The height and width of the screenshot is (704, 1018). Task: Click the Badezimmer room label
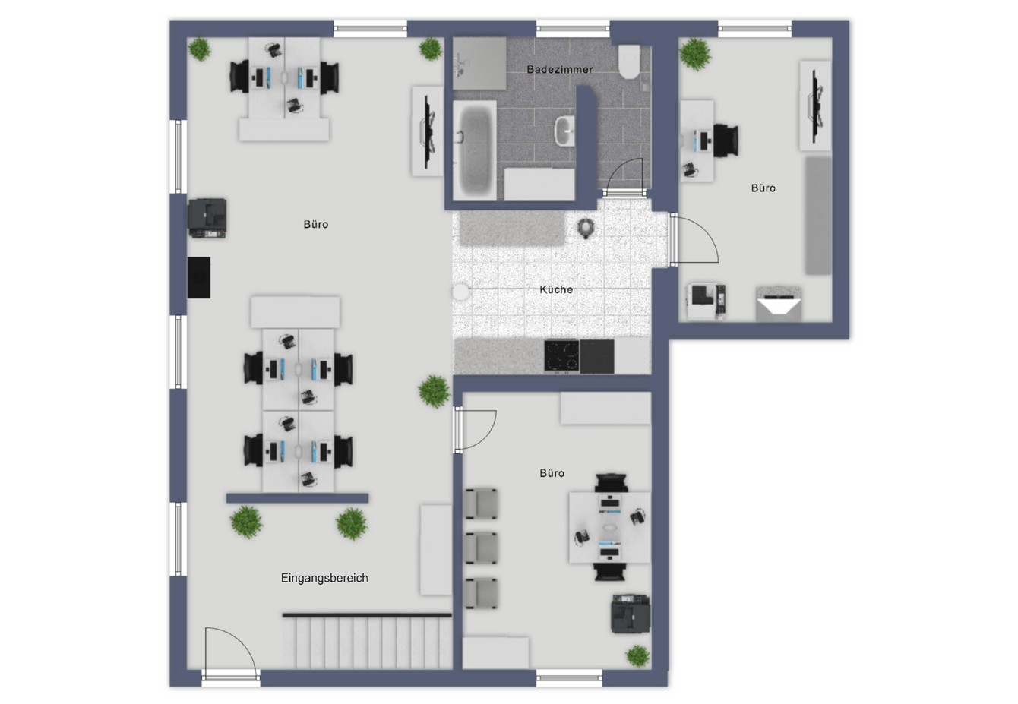(x=559, y=70)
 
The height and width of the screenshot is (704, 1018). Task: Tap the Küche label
(x=556, y=289)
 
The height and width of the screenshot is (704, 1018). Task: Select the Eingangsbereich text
(x=324, y=578)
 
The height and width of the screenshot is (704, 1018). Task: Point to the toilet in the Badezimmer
(x=630, y=62)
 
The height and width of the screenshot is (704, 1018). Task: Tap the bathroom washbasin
(x=565, y=131)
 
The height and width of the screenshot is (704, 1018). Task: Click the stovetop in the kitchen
(x=561, y=355)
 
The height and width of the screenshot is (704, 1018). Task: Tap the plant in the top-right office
(x=695, y=54)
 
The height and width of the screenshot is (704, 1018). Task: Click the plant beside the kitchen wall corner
(x=435, y=391)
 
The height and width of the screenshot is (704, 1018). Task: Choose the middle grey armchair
(x=481, y=548)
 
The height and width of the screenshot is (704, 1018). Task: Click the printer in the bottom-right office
(x=631, y=614)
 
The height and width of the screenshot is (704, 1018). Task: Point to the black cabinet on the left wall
(x=199, y=277)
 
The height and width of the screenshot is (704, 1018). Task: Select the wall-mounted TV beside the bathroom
(x=427, y=131)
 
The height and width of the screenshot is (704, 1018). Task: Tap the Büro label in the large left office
(x=316, y=224)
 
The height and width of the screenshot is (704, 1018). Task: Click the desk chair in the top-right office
(x=726, y=140)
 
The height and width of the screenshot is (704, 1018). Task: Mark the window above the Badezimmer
(x=573, y=29)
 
